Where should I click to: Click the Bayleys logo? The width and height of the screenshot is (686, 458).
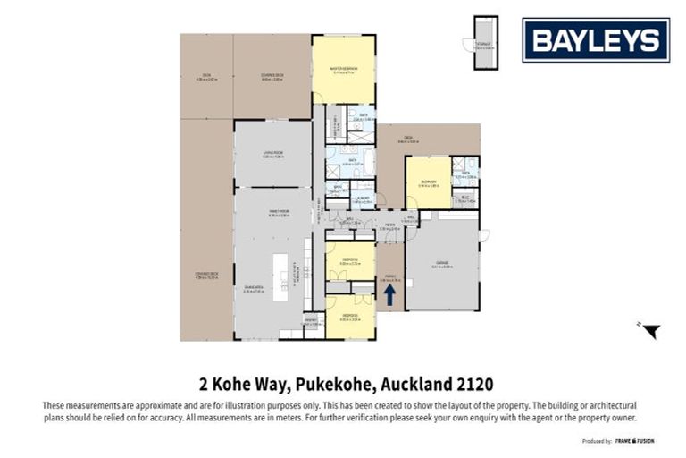coord(596,40)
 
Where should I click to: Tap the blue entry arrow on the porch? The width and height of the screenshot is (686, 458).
coord(389,295)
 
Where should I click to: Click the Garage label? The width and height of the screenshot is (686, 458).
coord(442,264)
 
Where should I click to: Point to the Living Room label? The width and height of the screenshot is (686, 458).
coord(272,154)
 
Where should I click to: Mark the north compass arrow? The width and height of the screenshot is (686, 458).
coord(651,331)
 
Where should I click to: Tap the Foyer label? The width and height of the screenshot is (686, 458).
coord(389,226)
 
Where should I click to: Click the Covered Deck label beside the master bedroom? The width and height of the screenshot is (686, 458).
coord(272,77)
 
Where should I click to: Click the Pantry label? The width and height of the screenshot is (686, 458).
coord(311,321)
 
